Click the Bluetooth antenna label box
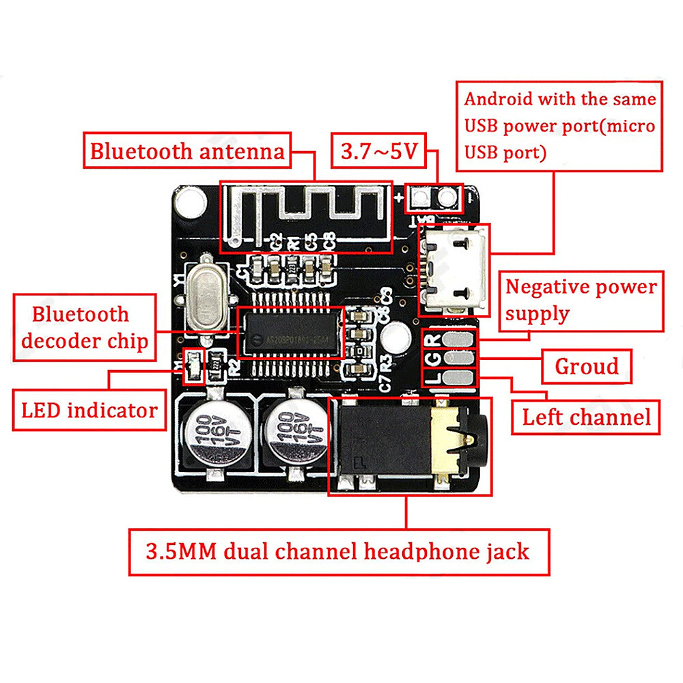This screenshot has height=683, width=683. point(188,151)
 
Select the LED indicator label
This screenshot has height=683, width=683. point(89,410)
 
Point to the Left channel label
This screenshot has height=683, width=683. point(586,416)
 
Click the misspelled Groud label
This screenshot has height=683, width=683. point(586,367)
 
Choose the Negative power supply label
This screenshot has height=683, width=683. point(581,300)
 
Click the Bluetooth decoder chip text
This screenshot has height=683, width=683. point(81,328)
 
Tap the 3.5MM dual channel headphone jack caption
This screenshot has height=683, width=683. point(338,551)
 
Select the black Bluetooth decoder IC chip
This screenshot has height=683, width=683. point(290,333)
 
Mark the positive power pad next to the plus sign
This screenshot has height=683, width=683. point(420,197)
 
